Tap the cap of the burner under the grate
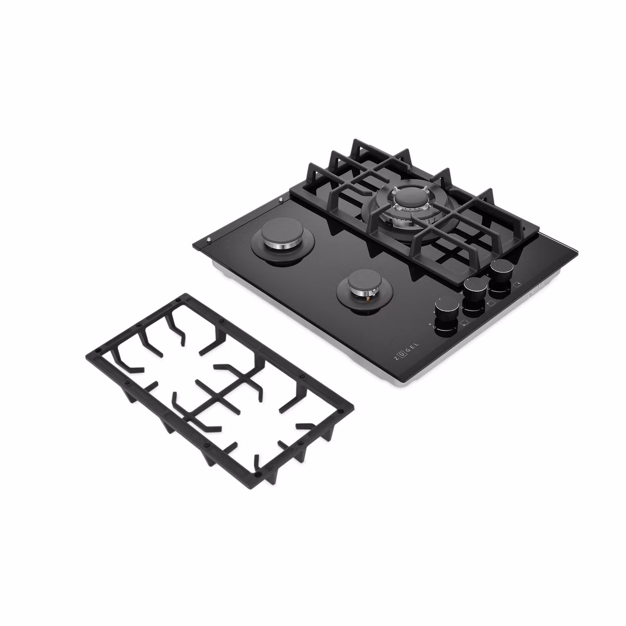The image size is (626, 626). pyautogui.click(x=411, y=197)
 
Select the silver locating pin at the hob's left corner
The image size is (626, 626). pyautogui.click(x=208, y=239)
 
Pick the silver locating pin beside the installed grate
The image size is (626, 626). pyautogui.click(x=280, y=199)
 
